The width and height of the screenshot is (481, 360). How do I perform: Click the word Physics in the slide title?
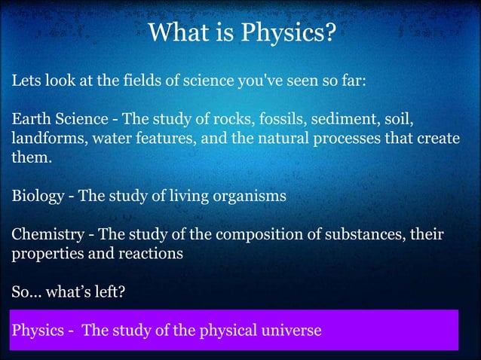click(x=287, y=34)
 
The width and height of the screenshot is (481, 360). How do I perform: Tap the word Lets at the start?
click(x=25, y=81)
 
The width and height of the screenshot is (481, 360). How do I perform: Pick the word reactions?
click(x=151, y=255)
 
